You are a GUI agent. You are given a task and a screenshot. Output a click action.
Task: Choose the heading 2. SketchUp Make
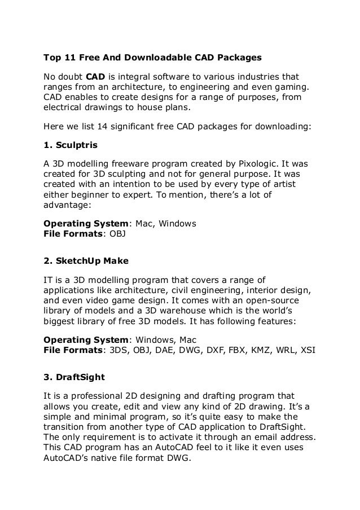(x=86, y=261)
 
